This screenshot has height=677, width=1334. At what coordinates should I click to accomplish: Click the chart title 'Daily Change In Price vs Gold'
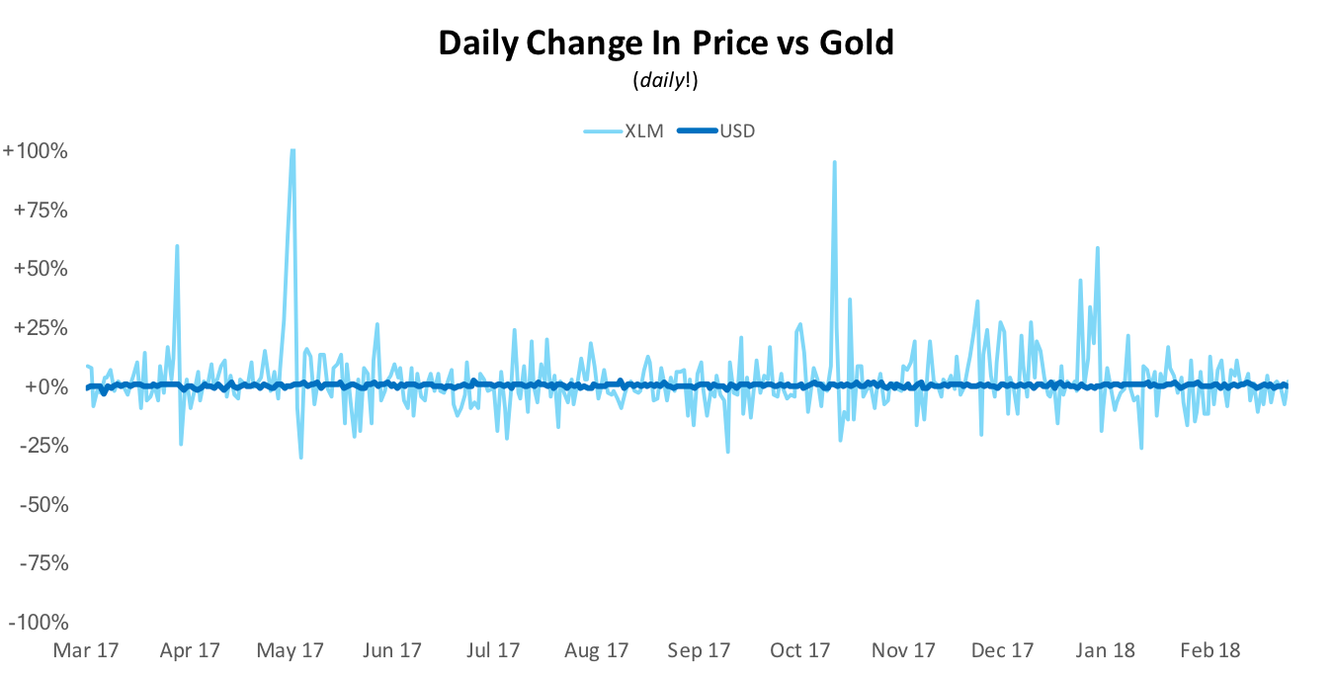[x=666, y=43]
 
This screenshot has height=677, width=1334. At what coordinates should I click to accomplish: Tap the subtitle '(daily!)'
[x=666, y=82]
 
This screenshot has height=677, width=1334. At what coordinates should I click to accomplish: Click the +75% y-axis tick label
[x=39, y=211]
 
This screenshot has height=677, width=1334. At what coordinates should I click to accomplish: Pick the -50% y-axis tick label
[x=41, y=504]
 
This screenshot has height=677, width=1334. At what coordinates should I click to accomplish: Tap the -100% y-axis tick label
[x=37, y=622]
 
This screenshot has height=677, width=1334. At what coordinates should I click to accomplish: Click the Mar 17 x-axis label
[x=86, y=650]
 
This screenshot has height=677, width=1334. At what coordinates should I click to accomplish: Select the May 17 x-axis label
[x=291, y=650]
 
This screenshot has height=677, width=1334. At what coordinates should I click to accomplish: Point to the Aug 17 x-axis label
[x=596, y=650]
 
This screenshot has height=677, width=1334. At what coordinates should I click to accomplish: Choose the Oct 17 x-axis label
[x=799, y=650]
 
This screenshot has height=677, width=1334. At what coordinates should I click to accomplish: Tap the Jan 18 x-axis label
[x=1105, y=650]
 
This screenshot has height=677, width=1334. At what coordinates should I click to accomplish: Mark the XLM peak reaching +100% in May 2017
[x=292, y=151]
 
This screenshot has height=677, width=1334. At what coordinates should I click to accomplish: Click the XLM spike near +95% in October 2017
[x=835, y=162]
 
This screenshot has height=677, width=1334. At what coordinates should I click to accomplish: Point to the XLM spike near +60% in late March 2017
[x=177, y=246]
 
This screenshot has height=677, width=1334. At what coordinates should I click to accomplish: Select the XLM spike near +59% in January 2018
[x=1098, y=248]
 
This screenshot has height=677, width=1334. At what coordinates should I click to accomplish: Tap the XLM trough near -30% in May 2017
[x=300, y=457]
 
